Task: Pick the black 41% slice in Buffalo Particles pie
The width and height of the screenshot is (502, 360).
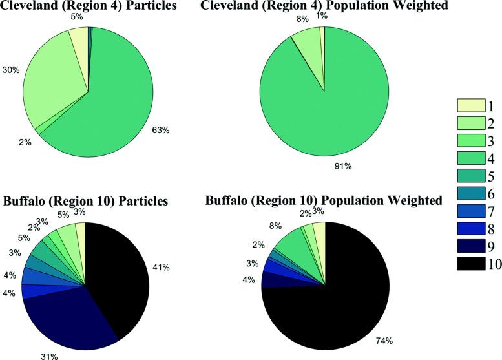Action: [116, 271]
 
